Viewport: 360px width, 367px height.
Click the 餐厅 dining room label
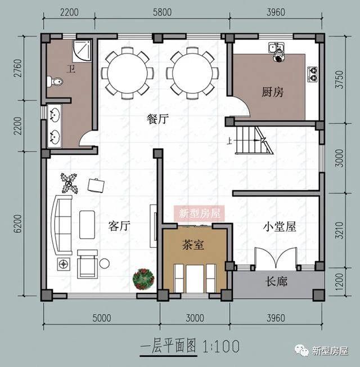(158, 119)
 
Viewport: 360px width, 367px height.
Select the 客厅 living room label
(119, 226)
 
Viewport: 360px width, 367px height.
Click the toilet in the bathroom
(56, 82)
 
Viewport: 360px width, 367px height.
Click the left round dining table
(127, 73)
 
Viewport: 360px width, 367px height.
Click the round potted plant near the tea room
(144, 279)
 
